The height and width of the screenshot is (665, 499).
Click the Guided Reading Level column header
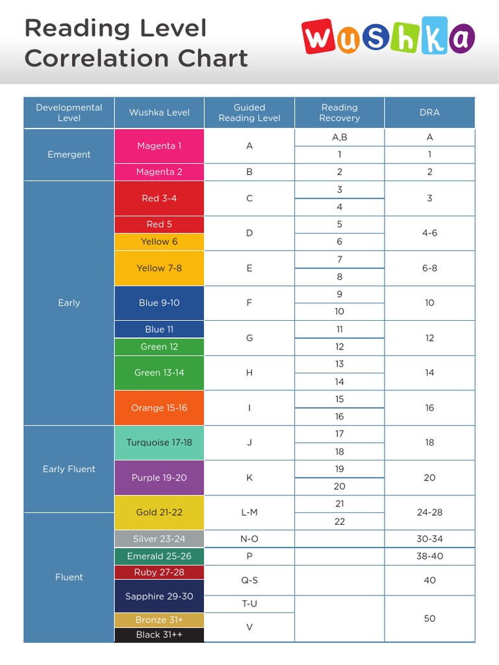click(x=249, y=112)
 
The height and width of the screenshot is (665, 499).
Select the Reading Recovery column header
click(x=339, y=112)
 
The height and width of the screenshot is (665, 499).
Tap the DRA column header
click(x=429, y=112)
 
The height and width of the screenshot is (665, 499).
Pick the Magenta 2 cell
click(x=159, y=172)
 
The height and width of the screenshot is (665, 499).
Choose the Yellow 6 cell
click(x=159, y=242)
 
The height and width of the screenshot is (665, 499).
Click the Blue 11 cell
click(x=159, y=329)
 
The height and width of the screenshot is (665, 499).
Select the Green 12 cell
click(x=159, y=347)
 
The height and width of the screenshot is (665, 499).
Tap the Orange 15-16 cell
click(x=159, y=408)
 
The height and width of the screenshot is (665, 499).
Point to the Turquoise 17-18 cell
click(x=159, y=443)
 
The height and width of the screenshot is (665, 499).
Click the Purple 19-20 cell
click(x=159, y=477)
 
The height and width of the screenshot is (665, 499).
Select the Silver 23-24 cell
click(x=159, y=539)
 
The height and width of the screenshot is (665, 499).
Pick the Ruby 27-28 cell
click(x=159, y=572)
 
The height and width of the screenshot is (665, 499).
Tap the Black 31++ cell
click(x=159, y=634)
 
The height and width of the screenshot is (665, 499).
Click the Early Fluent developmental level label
click(x=69, y=469)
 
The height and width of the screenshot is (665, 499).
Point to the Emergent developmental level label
click(x=69, y=155)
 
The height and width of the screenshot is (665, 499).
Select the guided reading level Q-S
click(x=249, y=580)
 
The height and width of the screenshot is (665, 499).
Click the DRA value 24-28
click(x=429, y=512)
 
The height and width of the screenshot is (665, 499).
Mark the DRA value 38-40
click(x=429, y=557)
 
